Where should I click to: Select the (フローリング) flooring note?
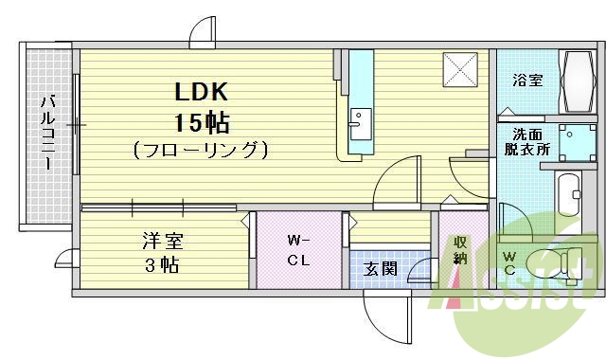[x=201, y=149]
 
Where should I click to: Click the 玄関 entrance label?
[x=381, y=268]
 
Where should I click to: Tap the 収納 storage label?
[x=459, y=248]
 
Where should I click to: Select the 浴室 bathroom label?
[x=527, y=81]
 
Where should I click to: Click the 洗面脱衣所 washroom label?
[x=526, y=142]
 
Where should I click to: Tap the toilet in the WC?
[x=554, y=261]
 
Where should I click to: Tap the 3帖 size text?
[x=162, y=265]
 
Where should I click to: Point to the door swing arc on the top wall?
[x=202, y=35]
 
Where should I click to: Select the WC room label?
[x=509, y=261]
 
